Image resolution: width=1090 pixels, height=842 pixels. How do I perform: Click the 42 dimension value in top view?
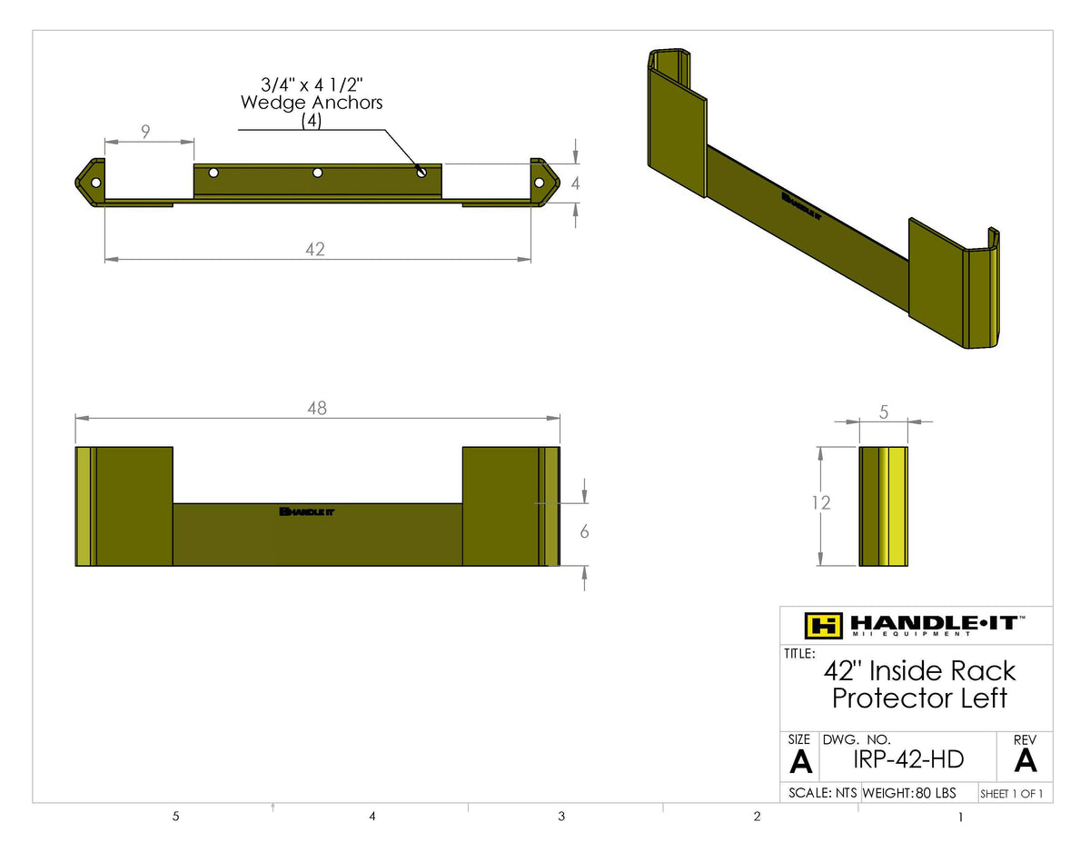315,249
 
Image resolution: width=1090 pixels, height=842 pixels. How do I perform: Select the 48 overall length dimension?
316,409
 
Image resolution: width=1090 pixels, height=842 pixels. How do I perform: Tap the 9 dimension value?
146,132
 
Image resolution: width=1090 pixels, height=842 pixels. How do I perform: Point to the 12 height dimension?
821,501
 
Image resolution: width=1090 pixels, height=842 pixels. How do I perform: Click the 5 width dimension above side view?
884,411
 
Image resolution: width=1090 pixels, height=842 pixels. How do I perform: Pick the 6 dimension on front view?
584,531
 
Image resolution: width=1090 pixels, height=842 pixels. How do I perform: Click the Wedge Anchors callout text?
312,103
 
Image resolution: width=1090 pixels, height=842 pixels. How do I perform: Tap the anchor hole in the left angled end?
95,183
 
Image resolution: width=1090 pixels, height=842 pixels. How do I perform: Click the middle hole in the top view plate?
318,173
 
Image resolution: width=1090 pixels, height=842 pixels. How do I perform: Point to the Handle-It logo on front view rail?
307,511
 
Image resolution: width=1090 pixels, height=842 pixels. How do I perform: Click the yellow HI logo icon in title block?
824,625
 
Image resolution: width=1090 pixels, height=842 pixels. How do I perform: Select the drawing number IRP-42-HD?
907,759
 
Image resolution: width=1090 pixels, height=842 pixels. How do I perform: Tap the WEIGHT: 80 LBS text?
908,793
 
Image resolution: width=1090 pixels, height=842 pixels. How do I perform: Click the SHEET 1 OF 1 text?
1012,794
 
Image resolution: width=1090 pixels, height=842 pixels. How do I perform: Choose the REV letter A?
1026,760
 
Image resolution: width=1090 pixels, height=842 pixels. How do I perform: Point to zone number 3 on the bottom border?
561,817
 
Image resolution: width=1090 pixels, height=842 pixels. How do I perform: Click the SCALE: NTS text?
822,793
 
